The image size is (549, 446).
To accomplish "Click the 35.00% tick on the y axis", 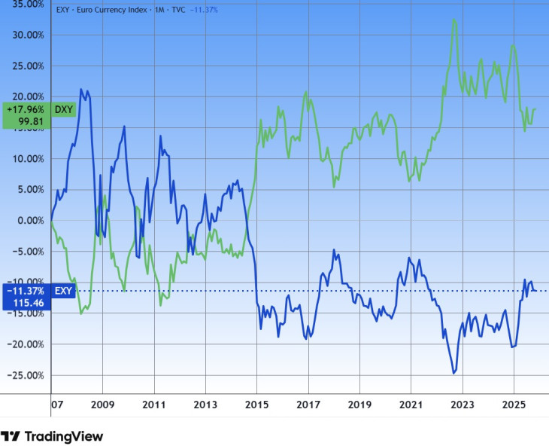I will click(x=25, y=4).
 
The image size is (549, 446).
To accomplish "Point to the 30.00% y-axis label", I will click(x=25, y=35).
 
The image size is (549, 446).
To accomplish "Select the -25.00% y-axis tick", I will click(x=23, y=375).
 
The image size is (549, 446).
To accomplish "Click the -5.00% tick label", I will click(x=26, y=251).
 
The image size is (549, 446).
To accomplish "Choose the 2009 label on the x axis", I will click(x=102, y=405).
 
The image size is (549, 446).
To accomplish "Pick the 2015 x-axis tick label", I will click(x=256, y=405).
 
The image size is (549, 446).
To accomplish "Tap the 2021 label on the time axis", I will click(x=411, y=405).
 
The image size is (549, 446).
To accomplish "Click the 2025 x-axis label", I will click(x=514, y=405).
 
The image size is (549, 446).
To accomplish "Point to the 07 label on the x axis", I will click(x=56, y=405).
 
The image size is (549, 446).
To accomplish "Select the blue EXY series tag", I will click(x=63, y=290).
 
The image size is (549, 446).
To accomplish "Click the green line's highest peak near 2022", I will click(x=453, y=20).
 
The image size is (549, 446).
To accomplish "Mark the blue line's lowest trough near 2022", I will click(x=453, y=373).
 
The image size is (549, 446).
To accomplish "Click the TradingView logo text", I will click(x=63, y=436).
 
